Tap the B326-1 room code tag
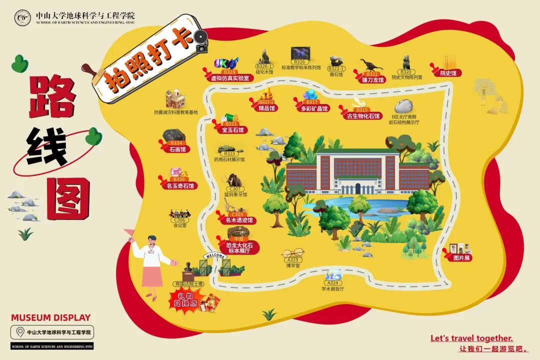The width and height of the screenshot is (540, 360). click(264, 66)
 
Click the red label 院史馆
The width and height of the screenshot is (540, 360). click(447, 73)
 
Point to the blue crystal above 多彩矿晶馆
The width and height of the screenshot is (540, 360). click(310, 95)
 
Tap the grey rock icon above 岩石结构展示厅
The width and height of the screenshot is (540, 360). click(403, 106)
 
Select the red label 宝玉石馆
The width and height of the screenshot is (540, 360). click(232, 130)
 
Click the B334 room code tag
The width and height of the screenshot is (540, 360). click(176, 143)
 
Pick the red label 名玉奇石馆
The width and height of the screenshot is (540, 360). click(179, 186)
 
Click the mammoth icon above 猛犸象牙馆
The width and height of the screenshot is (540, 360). click(234, 180)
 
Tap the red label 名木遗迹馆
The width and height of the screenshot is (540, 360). click(239, 220)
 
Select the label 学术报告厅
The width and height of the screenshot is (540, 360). click(333, 289)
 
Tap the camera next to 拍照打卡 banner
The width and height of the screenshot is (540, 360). click(201, 41)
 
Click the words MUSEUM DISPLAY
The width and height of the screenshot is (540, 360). click(51, 317)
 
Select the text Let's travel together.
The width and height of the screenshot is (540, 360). click(471, 338)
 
